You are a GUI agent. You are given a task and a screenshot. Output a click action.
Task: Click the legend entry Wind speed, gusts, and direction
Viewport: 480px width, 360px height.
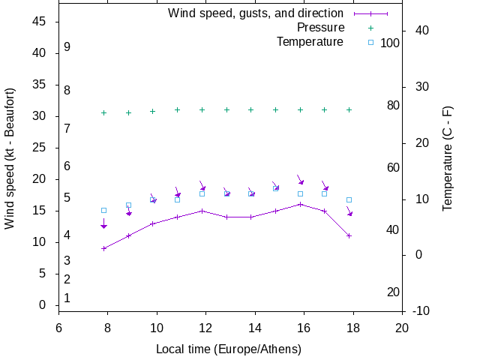(x=255, y=13)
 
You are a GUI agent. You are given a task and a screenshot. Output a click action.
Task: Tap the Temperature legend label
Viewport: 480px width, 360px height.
(x=310, y=42)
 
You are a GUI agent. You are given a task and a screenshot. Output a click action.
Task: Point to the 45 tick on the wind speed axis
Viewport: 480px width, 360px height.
(x=40, y=22)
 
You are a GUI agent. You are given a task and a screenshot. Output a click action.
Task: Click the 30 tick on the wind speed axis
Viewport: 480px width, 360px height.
(x=40, y=116)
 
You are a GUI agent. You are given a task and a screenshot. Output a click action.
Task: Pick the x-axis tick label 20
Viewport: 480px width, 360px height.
(x=402, y=328)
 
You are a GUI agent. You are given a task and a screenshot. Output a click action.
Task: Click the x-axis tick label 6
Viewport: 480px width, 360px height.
(x=58, y=328)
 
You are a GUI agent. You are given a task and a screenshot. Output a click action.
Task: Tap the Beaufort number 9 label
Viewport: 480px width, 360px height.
(x=67, y=47)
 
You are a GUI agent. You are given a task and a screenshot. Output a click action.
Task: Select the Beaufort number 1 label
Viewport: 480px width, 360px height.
(x=67, y=298)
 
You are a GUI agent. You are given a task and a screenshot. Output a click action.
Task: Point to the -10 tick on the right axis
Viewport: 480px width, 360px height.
(x=421, y=310)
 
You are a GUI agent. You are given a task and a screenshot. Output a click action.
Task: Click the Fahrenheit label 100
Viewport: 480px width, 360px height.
(x=390, y=43)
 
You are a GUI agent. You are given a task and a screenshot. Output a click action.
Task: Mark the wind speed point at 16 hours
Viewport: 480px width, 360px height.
(x=300, y=204)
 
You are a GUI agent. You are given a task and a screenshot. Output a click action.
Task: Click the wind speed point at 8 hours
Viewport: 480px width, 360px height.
(x=103, y=248)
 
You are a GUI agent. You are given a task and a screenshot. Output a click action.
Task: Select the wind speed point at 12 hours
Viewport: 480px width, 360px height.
(x=202, y=211)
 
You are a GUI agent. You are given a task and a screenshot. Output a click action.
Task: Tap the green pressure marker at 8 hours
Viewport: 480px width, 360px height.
(x=103, y=112)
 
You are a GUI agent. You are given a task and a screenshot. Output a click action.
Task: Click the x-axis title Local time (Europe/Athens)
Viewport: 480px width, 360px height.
(x=229, y=349)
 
